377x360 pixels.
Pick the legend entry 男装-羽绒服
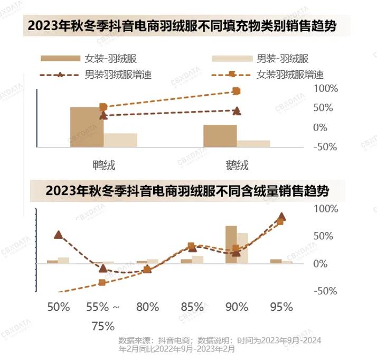(x=282, y=59)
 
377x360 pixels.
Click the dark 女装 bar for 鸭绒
(x=87, y=127)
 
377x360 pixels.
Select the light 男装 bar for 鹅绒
(x=253, y=143)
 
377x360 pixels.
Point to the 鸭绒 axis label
(x=103, y=165)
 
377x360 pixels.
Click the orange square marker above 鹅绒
(x=237, y=91)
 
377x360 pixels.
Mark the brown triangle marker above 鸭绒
(x=103, y=115)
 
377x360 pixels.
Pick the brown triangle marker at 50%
(x=58, y=235)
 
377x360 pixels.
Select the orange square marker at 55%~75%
(x=102, y=282)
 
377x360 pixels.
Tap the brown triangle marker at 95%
(x=281, y=216)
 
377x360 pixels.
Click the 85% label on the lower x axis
(x=192, y=307)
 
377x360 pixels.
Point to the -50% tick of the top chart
(x=325, y=147)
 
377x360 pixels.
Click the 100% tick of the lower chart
(x=325, y=209)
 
